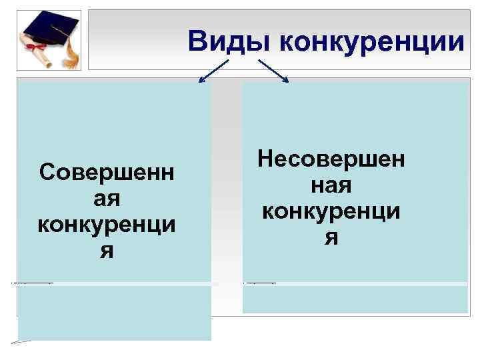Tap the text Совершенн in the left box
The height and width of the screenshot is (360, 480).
point(107,173)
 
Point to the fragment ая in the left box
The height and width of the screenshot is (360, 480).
point(107,199)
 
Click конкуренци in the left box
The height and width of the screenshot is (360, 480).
point(107,225)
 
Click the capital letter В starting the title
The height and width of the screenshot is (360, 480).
point(198,42)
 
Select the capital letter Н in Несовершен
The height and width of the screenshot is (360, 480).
point(265,159)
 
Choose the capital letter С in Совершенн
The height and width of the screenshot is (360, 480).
point(47,173)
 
